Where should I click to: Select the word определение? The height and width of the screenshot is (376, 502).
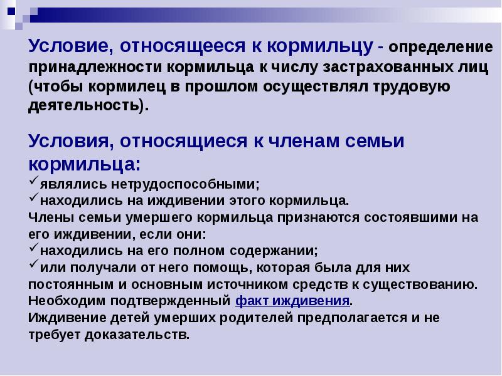tap(441, 48)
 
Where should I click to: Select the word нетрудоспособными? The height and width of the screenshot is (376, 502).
tap(183, 184)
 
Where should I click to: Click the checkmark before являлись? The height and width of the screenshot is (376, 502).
tap(34, 180)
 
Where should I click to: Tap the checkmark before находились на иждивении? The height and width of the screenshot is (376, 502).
tap(34, 197)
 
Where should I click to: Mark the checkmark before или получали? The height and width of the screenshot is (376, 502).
tap(34, 264)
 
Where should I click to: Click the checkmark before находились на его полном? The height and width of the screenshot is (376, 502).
tap(34, 247)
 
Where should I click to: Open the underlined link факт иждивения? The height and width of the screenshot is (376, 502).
tap(292, 301)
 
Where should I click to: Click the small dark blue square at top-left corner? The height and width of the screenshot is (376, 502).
tap(11, 11)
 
